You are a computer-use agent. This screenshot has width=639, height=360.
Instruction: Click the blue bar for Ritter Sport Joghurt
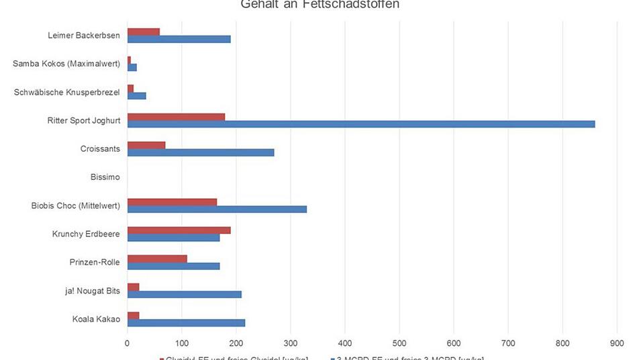point(361,124)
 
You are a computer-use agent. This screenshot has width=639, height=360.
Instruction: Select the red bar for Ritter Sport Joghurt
point(176,117)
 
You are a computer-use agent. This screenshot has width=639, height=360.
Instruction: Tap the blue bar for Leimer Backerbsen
point(179,39)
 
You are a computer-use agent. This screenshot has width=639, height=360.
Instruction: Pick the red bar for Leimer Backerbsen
point(143,32)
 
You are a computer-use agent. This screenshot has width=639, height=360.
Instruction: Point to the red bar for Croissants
point(146,145)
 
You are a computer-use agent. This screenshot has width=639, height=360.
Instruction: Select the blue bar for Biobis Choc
point(217,209)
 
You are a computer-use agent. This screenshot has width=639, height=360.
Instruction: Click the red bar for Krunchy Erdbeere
point(179,230)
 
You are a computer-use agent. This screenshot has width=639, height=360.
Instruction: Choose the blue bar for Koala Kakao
point(186,323)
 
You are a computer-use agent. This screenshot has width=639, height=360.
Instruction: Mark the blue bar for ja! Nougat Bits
point(184,294)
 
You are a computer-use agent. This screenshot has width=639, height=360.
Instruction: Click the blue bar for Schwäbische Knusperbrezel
point(136,95)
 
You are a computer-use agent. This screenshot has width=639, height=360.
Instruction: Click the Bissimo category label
point(105,177)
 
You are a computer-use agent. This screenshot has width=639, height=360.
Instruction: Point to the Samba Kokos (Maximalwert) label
point(66,64)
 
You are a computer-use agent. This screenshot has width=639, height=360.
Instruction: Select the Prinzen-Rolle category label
point(95,262)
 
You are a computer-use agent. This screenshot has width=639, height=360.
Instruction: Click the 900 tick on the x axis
point(616,343)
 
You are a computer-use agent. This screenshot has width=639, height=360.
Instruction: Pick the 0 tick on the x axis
point(127,343)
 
